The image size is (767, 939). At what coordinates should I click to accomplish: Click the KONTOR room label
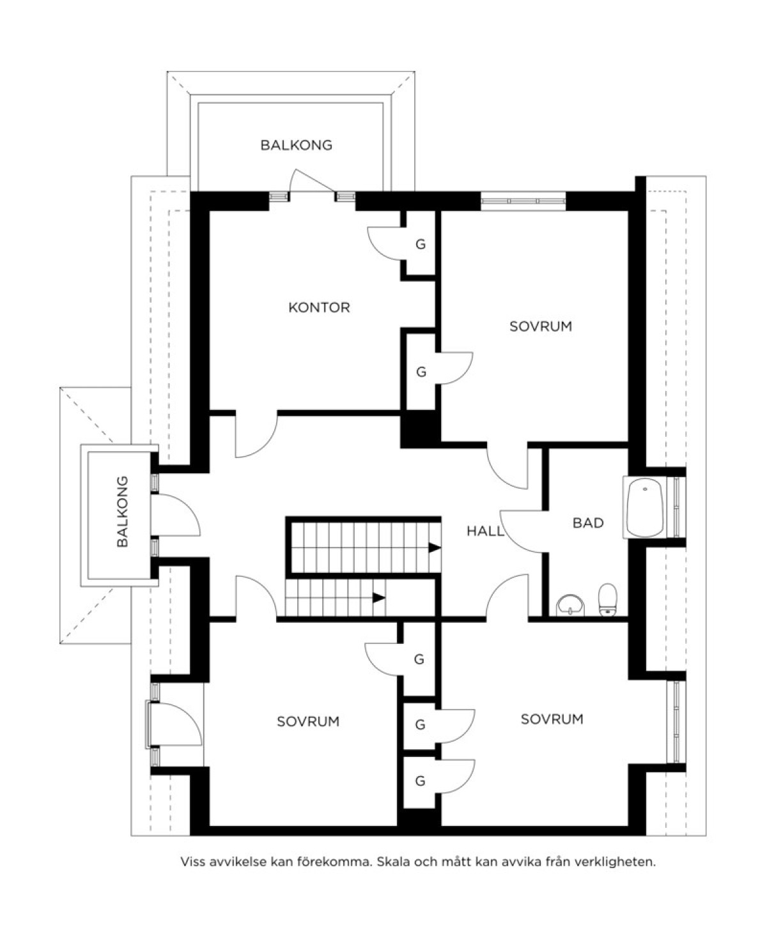pyautogui.click(x=319, y=308)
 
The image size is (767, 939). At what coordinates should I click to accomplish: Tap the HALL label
pyautogui.click(x=485, y=531)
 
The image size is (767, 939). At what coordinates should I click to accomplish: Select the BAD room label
pyautogui.click(x=588, y=523)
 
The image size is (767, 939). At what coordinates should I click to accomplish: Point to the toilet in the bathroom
pyautogui.click(x=608, y=600)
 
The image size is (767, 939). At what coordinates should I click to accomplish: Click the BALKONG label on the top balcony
pyautogui.click(x=296, y=145)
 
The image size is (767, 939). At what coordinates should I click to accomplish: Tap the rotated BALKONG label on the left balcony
pyautogui.click(x=122, y=512)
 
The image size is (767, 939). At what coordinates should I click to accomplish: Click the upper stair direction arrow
pyautogui.click(x=434, y=547)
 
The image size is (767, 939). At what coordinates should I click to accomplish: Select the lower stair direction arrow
pyautogui.click(x=379, y=598)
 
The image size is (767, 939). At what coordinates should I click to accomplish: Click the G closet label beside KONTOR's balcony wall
pyautogui.click(x=420, y=244)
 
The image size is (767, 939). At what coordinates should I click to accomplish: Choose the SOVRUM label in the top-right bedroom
pyautogui.click(x=540, y=326)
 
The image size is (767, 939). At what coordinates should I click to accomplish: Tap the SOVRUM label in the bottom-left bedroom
pyautogui.click(x=308, y=722)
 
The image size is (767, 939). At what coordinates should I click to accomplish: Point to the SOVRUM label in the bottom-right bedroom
pyautogui.click(x=552, y=719)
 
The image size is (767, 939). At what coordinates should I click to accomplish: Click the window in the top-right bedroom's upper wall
pyautogui.click(x=523, y=201)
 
